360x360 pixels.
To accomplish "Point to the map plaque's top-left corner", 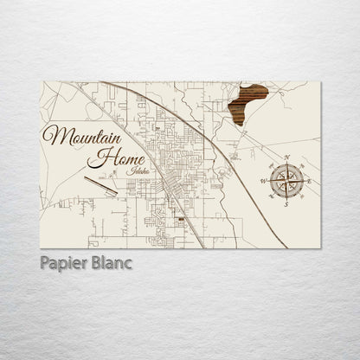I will pyautogui.click(x=42, y=79).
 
